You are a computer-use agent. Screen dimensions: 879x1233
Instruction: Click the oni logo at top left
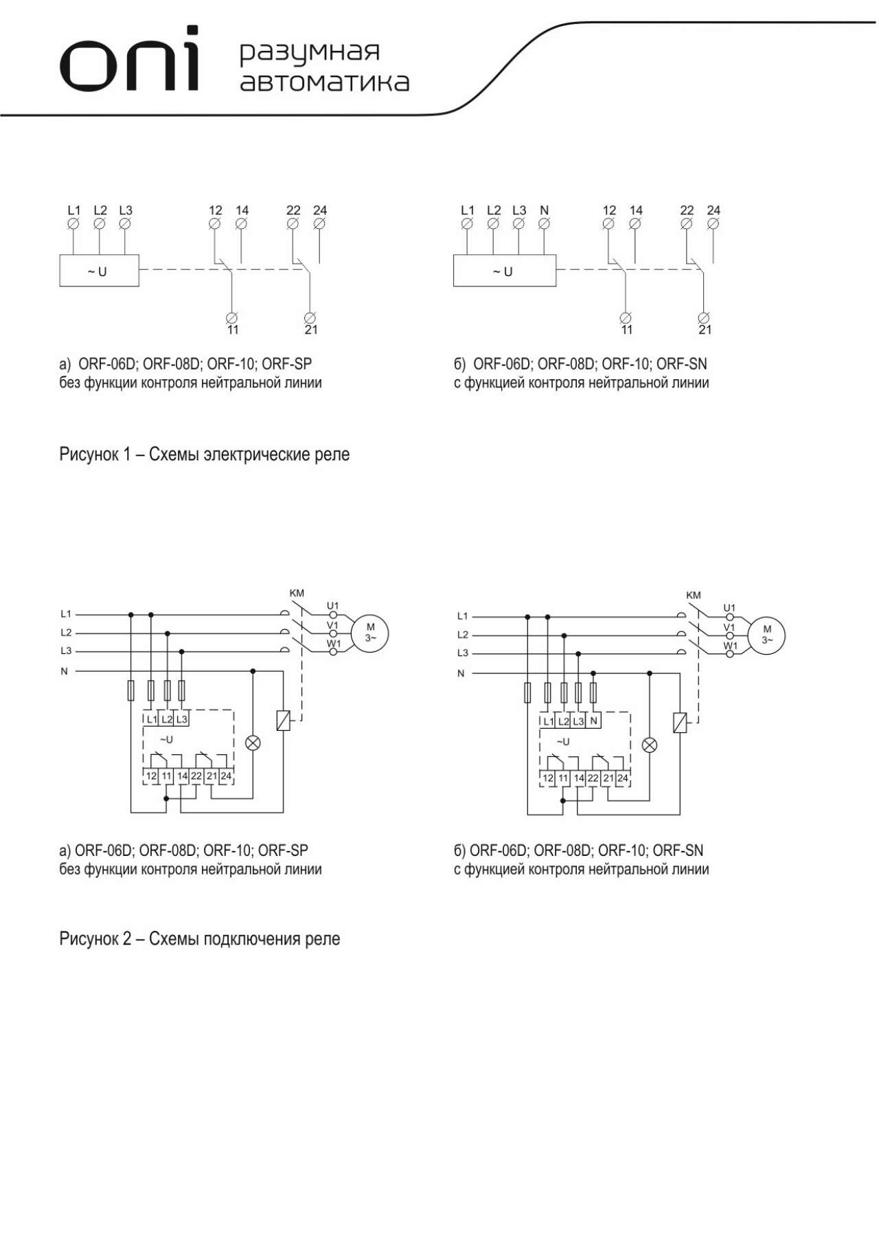[x=130, y=60]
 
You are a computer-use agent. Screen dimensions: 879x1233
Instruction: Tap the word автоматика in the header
[x=324, y=82]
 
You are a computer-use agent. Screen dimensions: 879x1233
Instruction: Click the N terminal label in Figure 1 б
[x=545, y=210]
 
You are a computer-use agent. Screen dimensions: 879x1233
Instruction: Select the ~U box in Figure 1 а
[x=99, y=271]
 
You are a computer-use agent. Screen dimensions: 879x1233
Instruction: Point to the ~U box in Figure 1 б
[x=504, y=271]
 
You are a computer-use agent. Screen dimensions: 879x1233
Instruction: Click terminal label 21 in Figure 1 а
[x=311, y=330]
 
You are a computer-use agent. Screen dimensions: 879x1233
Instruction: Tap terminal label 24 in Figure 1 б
[x=714, y=210]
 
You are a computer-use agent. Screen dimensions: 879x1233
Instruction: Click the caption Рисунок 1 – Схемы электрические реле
[x=204, y=455]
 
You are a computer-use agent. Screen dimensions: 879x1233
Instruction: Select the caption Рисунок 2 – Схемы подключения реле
[x=199, y=939]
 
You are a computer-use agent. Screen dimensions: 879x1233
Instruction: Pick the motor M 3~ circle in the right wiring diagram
[x=766, y=634]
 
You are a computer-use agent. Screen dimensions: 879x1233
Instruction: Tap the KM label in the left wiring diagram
[x=297, y=593]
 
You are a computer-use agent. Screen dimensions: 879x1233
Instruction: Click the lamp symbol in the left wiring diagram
[x=253, y=743]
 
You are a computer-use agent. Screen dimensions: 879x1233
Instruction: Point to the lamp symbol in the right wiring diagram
[x=650, y=745]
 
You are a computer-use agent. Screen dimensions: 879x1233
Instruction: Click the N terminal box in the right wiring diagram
[x=594, y=721]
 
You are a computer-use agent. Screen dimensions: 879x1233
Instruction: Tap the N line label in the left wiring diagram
[x=65, y=671]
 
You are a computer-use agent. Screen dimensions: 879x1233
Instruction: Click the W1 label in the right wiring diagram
[x=730, y=646]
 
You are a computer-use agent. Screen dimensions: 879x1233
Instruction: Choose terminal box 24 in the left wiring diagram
[x=226, y=776]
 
